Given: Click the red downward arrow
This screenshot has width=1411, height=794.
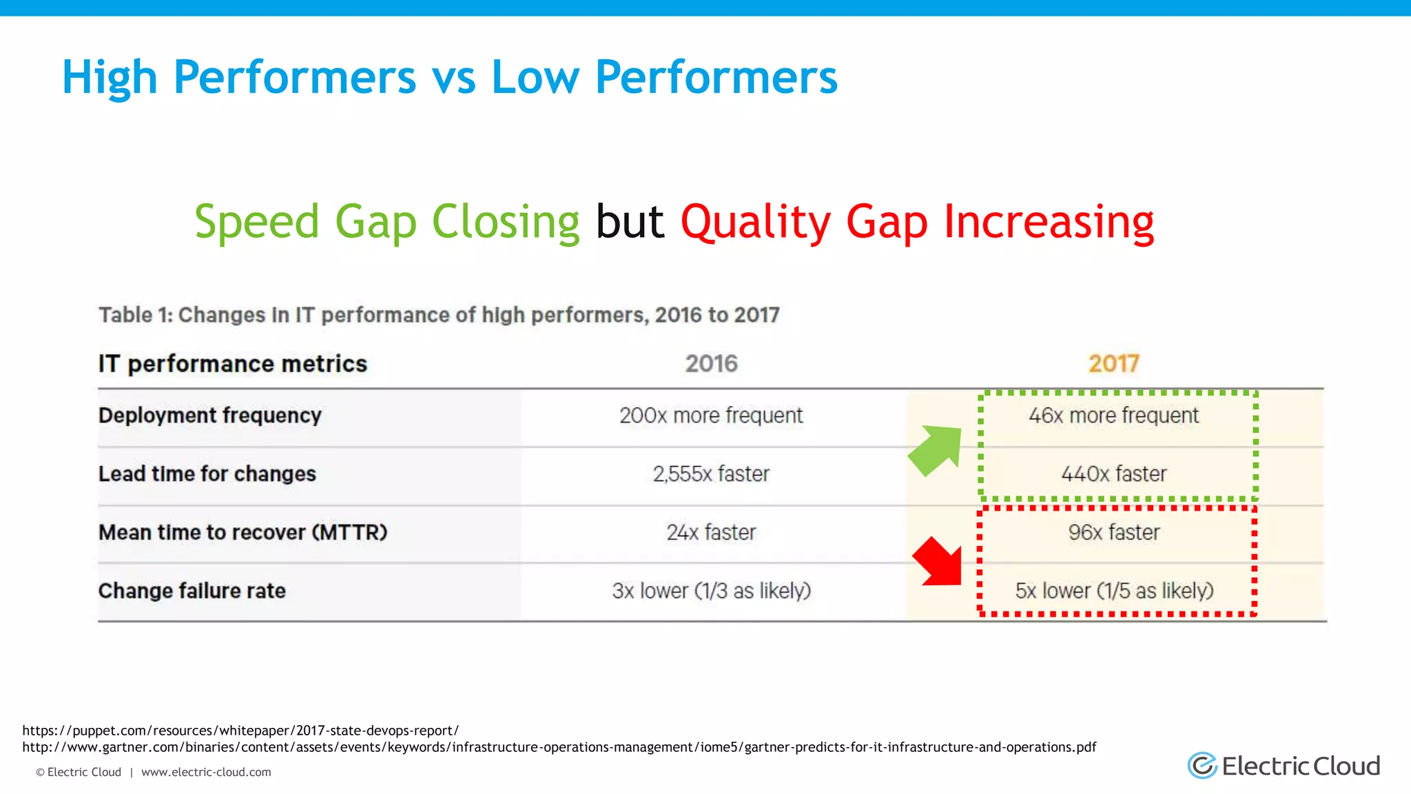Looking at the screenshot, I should pos(939,562).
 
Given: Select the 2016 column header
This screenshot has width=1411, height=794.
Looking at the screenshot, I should pos(711,363).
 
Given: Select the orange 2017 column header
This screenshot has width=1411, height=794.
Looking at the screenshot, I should pos(1113,363).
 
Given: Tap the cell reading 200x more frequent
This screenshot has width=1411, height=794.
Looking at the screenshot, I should pos(711,416).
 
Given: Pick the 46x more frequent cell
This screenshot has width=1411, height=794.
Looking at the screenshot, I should pos(1113,416).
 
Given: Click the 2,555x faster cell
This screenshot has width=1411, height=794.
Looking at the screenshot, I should pos(711,474).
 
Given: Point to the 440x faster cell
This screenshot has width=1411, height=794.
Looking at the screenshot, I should pos(1113,474).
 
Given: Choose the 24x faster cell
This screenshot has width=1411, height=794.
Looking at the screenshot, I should pos(711,533).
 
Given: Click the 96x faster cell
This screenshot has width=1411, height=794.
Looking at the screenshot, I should pos(1113,533).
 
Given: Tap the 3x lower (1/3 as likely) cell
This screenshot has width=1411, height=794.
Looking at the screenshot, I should pos(711,591).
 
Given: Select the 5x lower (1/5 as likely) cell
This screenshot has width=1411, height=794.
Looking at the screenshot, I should pos(1113,591).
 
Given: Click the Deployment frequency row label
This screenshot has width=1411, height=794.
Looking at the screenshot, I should pos(209,416).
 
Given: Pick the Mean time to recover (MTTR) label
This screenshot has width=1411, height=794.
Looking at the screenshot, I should pos(243,533).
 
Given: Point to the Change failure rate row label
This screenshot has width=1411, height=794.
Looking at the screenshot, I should pos(192,591).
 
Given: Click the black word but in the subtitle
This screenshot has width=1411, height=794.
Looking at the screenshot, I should pos(630,222).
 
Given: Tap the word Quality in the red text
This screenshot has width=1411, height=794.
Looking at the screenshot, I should pos(756,222).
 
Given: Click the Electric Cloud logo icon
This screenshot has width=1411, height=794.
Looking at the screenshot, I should pos(1203,765).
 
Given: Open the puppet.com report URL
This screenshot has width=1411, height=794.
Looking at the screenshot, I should pos(240,731).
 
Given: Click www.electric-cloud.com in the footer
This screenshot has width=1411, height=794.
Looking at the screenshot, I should pos(206,773).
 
